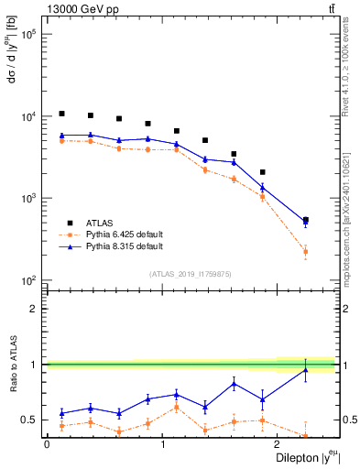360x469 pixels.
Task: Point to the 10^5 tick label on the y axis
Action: coord(27,35)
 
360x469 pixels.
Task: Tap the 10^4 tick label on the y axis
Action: coord(27,116)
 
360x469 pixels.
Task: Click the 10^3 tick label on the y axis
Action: coord(27,199)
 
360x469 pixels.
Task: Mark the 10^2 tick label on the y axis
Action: coord(27,280)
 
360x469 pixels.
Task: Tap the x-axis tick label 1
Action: coord(163,445)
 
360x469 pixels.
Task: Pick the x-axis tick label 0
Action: coord(47,445)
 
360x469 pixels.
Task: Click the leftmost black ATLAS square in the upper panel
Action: coord(61,114)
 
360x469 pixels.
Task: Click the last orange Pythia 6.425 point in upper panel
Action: coord(305,251)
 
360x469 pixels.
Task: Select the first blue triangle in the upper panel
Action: coord(61,136)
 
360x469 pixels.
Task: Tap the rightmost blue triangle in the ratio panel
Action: coord(305,369)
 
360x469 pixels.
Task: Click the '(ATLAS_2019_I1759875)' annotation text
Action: coord(191,274)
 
